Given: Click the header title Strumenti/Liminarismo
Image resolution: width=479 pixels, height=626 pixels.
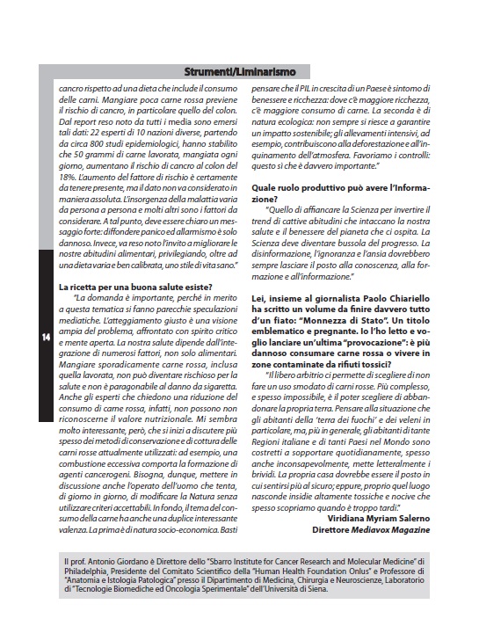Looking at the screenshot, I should pyautogui.click(x=239, y=71).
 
